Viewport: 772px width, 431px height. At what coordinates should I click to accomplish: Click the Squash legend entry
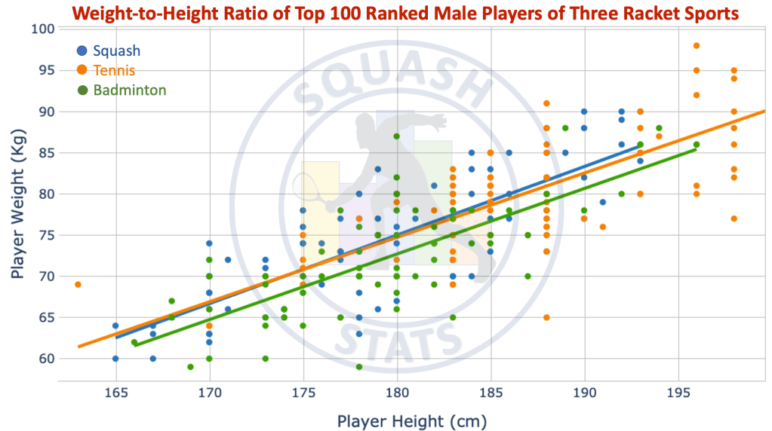(116, 51)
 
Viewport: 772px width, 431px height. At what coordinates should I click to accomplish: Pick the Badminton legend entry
(129, 90)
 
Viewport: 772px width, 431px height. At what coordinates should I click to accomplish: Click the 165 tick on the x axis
(115, 393)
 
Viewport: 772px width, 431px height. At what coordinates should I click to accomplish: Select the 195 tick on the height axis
(678, 393)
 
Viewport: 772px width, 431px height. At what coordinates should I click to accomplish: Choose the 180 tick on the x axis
(397, 393)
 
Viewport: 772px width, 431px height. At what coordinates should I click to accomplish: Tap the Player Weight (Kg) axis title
(19, 194)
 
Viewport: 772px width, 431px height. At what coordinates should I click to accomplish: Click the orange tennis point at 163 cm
(78, 284)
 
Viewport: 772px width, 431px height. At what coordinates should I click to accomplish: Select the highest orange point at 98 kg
(697, 45)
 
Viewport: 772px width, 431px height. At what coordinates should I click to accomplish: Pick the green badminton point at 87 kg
(397, 136)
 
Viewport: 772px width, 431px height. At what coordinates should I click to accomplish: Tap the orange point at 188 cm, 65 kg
(546, 317)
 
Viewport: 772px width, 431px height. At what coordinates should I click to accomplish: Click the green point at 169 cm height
(190, 367)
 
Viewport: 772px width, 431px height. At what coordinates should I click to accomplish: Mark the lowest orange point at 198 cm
(734, 219)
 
